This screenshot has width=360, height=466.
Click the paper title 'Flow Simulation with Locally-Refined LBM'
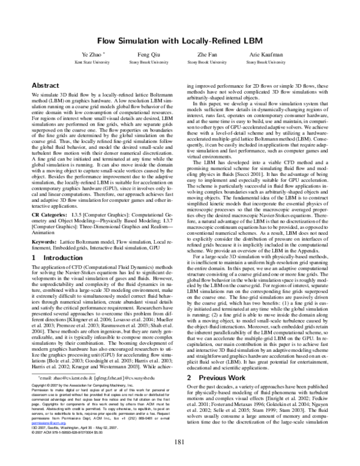tap(179, 40)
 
